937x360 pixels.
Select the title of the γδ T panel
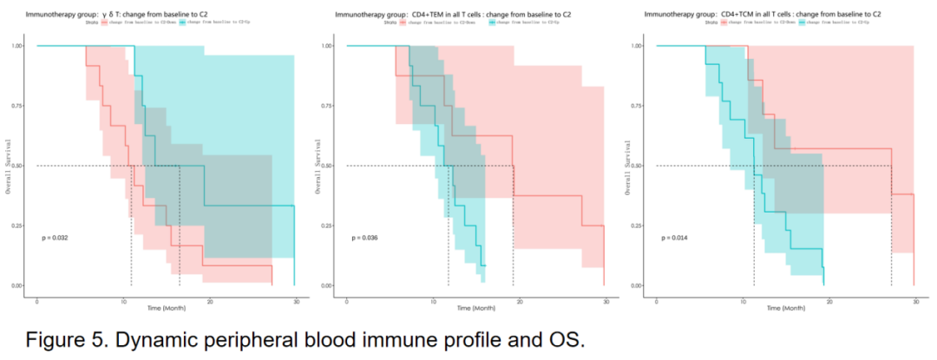[x=117, y=15]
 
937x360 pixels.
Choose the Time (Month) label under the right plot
[x=785, y=308]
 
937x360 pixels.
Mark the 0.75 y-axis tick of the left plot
[x=17, y=106]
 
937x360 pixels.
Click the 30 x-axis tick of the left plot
[x=297, y=299]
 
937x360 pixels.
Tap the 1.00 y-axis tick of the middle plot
[x=327, y=45]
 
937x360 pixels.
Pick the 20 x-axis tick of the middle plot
[x=520, y=299]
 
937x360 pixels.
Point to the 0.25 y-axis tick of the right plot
[x=637, y=226]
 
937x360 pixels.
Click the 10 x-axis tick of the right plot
[x=743, y=299]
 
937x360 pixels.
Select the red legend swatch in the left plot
[x=105, y=23]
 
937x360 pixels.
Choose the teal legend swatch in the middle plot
[x=492, y=23]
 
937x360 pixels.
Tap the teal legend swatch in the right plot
[x=801, y=23]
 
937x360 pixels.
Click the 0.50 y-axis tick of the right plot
[x=637, y=166]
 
